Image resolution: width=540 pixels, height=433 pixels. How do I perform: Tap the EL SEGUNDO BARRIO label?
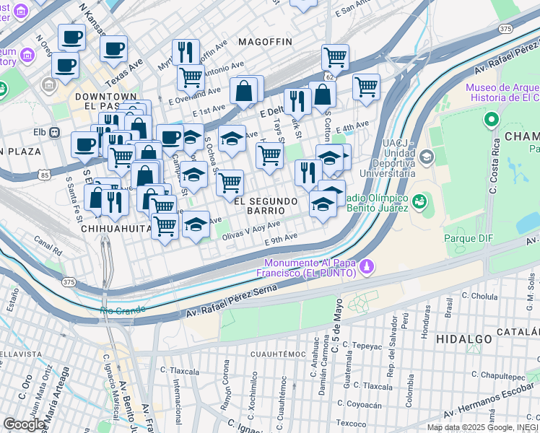click(x=265, y=201)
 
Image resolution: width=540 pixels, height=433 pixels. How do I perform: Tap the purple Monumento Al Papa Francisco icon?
click(x=367, y=267)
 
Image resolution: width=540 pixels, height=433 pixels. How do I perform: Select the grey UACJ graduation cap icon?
click(x=426, y=157)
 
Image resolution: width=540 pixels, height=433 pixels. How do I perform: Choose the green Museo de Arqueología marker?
click(x=492, y=119)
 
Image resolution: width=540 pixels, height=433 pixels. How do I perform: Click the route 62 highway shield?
click(x=330, y=75)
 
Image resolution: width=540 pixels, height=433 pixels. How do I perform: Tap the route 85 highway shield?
click(x=45, y=175)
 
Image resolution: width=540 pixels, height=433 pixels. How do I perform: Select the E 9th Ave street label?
click(x=281, y=237)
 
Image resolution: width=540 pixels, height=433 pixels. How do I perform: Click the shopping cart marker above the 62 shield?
click(x=335, y=56)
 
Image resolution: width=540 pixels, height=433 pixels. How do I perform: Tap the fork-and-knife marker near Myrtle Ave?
click(x=186, y=51)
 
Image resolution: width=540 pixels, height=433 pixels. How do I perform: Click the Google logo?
click(x=24, y=424)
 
